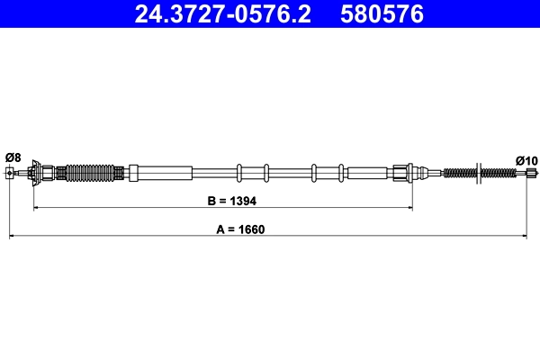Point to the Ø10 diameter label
click(526, 160)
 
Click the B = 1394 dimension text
click(225, 202)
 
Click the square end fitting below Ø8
click(9, 172)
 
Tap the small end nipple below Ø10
click(528, 172)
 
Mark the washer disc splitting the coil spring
click(481, 172)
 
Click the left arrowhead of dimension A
click(12, 237)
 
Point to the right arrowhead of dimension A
click(525, 237)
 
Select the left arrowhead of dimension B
click(37, 209)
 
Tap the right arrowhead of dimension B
click(409, 209)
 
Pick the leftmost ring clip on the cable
click(239, 172)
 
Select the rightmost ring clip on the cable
click(342, 172)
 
